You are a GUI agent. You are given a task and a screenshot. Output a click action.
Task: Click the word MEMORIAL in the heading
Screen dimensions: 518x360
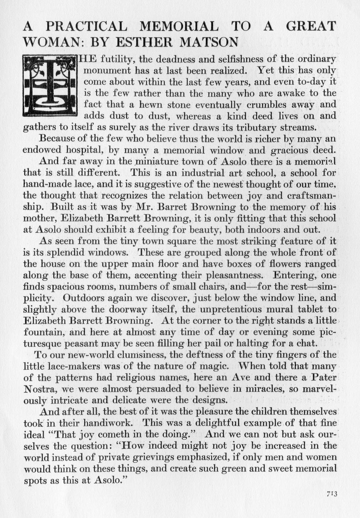coord(179,26)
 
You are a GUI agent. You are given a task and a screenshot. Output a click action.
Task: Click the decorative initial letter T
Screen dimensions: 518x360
coord(50,85)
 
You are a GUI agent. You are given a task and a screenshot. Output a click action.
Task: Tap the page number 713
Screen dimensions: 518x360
coord(332,494)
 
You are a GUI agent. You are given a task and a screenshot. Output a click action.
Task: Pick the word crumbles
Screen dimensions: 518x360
coord(245,104)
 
